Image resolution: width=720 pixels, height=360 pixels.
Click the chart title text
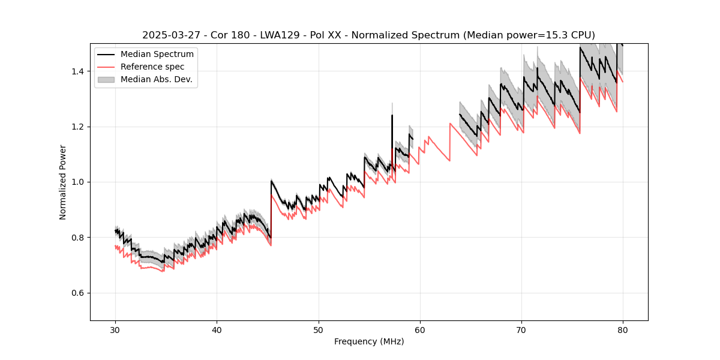pyautogui.click(x=368, y=35)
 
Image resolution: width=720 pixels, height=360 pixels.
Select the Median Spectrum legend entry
pyautogui.click(x=157, y=55)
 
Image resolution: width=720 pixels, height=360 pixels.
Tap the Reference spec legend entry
pyautogui.click(x=153, y=67)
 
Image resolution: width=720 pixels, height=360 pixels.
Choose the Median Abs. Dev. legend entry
pyautogui.click(x=157, y=79)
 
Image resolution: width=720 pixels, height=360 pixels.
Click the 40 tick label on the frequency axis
pyautogui.click(x=217, y=329)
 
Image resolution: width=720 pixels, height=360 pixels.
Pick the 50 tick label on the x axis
pyautogui.click(x=319, y=329)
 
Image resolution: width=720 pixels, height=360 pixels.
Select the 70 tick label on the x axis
pyautogui.click(x=521, y=329)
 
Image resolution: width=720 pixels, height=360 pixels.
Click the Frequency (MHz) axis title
pyautogui.click(x=369, y=342)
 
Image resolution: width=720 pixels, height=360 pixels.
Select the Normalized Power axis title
pyautogui.click(x=63, y=182)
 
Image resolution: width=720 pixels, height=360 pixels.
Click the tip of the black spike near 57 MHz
pyautogui.click(x=392, y=115)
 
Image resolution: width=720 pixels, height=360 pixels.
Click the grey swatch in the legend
pyautogui.click(x=106, y=79)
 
